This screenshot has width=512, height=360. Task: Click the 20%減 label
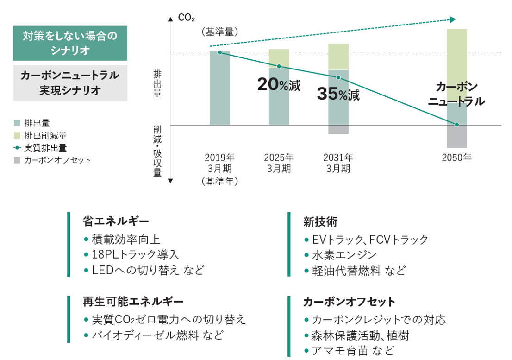pyautogui.click(x=279, y=85)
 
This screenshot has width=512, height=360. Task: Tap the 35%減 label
pyautogui.click(x=338, y=94)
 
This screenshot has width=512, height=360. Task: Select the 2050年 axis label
pyautogui.click(x=456, y=158)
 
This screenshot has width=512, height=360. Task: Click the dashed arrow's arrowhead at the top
pyautogui.click(x=453, y=19)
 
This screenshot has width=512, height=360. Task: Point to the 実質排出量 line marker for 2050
pyautogui.click(x=456, y=125)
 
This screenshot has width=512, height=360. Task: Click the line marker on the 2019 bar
pyautogui.click(x=219, y=52)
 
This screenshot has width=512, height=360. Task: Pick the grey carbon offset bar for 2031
pyautogui.click(x=338, y=130)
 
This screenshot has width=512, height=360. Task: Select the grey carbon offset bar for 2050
pyautogui.click(x=456, y=136)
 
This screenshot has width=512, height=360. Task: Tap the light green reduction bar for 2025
pyautogui.click(x=279, y=58)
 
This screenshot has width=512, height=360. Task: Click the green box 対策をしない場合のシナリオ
pyautogui.click(x=70, y=43)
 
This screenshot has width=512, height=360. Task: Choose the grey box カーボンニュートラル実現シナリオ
pyautogui.click(x=70, y=83)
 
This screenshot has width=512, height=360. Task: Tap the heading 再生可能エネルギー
pyautogui.click(x=133, y=302)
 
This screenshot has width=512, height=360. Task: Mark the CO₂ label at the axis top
pyautogui.click(x=186, y=19)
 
